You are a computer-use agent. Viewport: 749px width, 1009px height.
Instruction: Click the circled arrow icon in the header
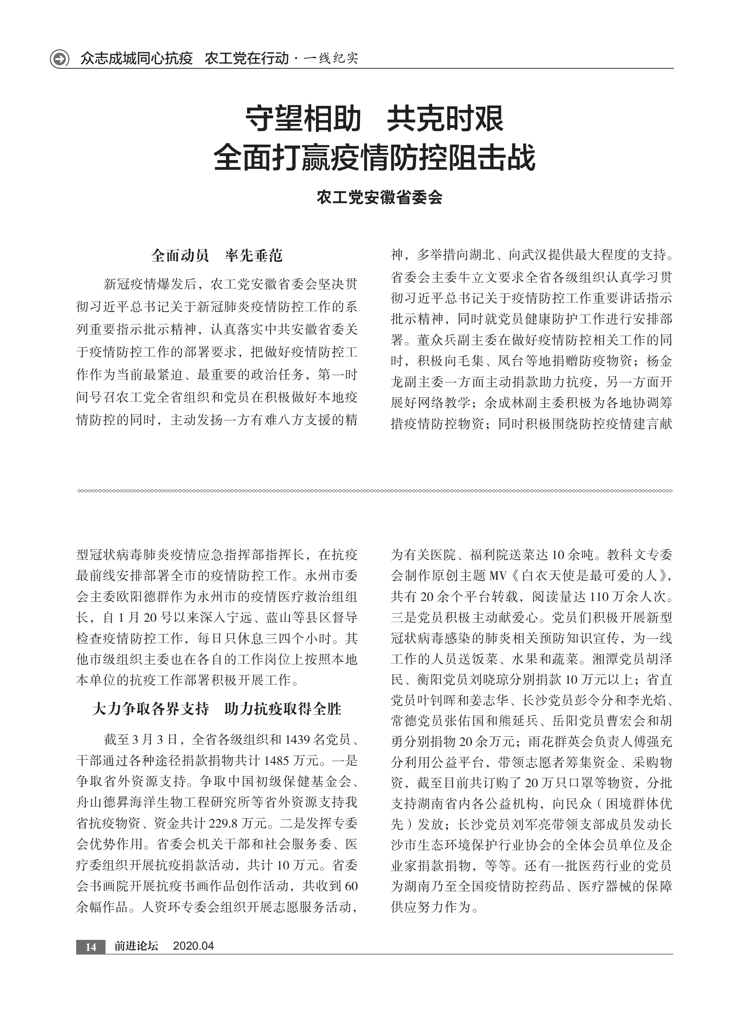coord(59,58)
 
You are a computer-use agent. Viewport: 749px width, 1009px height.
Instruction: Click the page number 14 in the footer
coord(91,946)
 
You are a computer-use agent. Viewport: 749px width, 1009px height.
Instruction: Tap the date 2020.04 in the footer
coord(193,946)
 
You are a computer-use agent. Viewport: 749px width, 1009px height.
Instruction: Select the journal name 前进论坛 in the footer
coord(136,946)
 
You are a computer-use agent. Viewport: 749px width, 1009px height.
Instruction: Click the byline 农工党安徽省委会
coord(380,197)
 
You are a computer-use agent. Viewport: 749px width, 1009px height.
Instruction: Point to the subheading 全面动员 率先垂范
coord(217,256)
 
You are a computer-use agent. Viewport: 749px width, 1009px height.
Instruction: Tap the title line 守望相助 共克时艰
coord(374,119)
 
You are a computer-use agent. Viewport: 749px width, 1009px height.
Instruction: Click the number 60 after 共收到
coord(351,886)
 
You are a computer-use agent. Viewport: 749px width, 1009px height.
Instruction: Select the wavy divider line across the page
coord(374,491)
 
